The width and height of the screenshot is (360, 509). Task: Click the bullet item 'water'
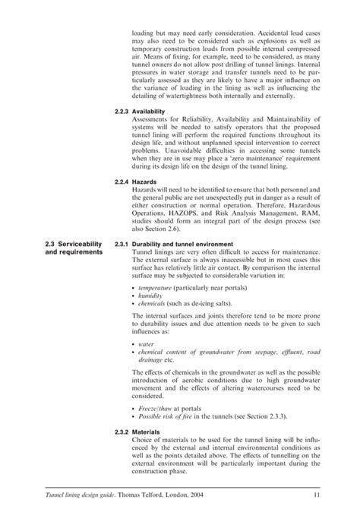click(144, 343)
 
